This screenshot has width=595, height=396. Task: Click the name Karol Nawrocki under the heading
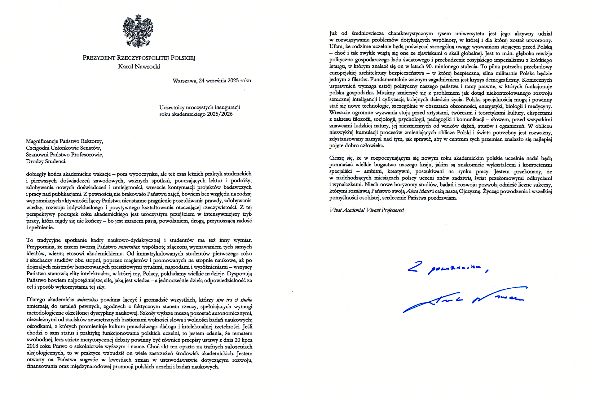(x=139, y=67)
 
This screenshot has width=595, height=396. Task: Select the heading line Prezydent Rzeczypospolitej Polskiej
(x=139, y=58)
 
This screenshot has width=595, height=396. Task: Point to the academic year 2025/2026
(x=220, y=114)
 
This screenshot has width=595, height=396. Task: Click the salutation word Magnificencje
(x=42, y=141)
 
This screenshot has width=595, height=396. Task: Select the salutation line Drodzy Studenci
(x=46, y=161)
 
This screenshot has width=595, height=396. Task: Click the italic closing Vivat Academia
(x=347, y=210)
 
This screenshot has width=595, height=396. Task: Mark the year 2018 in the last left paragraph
(x=32, y=346)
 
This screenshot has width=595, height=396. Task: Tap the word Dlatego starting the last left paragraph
(x=36, y=300)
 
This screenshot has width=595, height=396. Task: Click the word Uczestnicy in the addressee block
(x=172, y=107)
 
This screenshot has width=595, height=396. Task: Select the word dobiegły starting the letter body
(x=36, y=174)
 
